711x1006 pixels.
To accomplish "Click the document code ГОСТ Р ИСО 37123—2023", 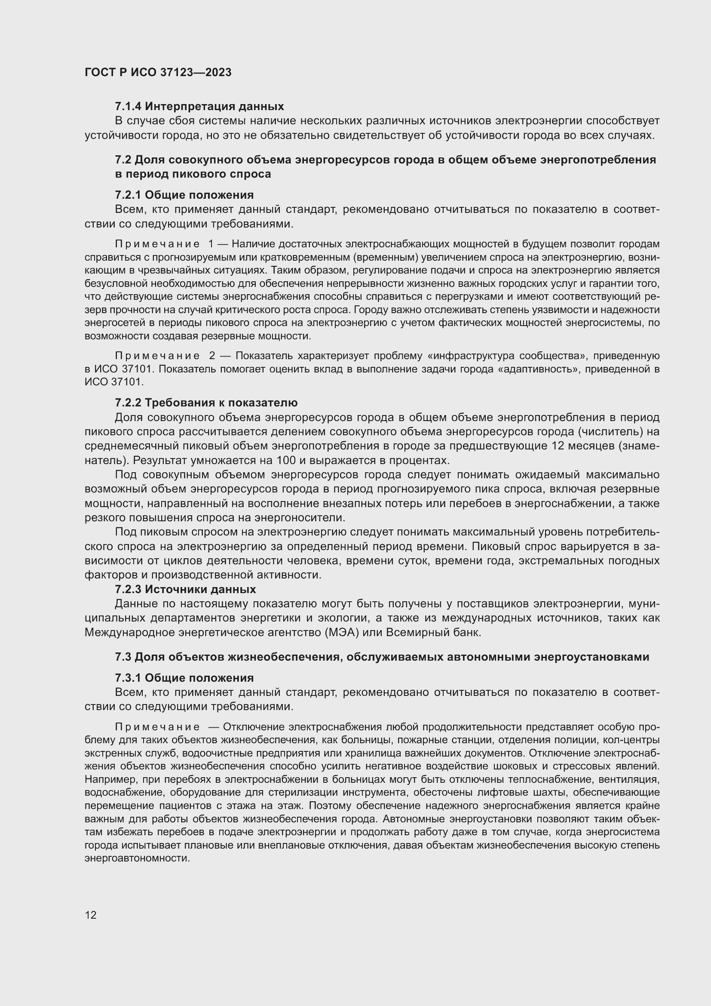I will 158,72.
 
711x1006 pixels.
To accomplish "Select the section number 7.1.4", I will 128,106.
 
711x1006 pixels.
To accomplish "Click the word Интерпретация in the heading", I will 189,106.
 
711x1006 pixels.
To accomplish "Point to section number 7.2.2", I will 128,402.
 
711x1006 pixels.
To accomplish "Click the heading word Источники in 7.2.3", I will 172,589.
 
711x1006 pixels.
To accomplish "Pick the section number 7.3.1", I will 128,678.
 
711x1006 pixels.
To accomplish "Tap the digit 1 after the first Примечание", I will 211,243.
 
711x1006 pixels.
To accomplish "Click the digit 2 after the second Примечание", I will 212,356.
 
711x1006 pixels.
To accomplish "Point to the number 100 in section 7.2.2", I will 285,460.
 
